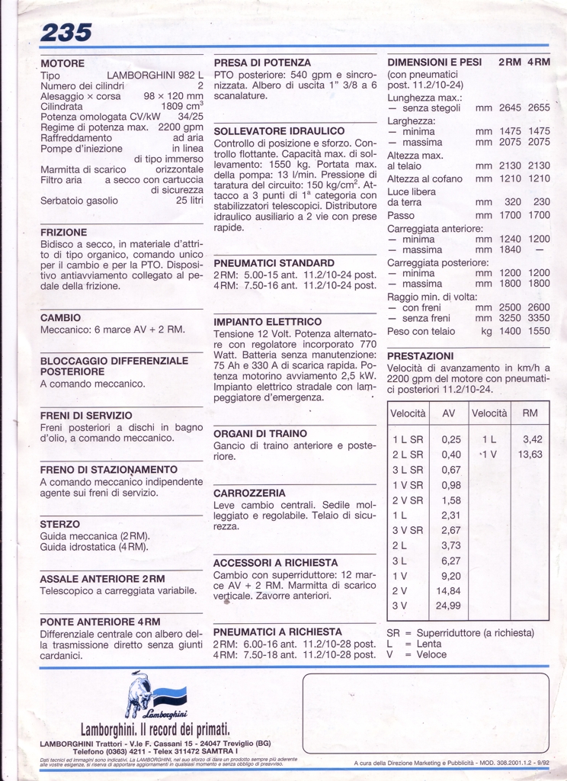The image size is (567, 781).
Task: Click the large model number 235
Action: click(66, 32)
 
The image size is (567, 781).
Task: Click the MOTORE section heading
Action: click(62, 63)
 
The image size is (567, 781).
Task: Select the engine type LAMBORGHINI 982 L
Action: click(155, 76)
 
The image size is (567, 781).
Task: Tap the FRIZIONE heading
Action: click(64, 232)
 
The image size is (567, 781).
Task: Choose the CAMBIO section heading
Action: click(61, 317)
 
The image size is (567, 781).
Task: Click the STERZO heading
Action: click(59, 525)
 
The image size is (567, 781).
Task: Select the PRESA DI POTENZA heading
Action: click(262, 63)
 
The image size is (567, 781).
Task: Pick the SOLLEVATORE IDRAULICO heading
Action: click(279, 131)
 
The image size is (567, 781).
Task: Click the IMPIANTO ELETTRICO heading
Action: click(267, 322)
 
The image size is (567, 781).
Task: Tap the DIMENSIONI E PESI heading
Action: click(434, 63)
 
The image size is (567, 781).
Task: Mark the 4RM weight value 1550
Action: click(537, 331)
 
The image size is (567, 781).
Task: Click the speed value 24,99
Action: click(448, 605)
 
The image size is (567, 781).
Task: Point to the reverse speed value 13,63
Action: click(530, 454)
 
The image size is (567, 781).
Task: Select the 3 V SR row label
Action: click(408, 530)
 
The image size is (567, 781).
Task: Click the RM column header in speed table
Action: click(530, 413)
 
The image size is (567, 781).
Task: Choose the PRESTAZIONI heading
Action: click(421, 356)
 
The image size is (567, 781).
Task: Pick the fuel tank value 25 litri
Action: click(190, 201)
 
